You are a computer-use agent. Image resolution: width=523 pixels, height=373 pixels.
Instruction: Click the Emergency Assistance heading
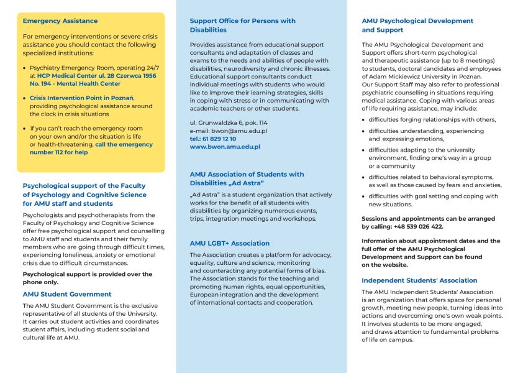(60, 21)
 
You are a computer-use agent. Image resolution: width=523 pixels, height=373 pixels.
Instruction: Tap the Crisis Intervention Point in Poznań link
(81, 98)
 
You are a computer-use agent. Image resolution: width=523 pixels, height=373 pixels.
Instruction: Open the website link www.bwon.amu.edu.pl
(224, 147)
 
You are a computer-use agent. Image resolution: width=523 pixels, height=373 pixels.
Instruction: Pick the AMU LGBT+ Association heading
(229, 243)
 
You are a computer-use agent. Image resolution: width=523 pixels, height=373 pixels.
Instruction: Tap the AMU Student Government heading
(67, 294)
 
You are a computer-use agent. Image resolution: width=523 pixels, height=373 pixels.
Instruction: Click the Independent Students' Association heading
(419, 280)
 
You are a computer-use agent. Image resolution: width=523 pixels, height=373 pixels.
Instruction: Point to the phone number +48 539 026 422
(417, 226)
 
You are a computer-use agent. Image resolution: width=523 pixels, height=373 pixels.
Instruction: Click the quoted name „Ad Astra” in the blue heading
(243, 183)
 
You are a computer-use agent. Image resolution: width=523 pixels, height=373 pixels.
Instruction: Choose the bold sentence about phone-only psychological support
(87, 278)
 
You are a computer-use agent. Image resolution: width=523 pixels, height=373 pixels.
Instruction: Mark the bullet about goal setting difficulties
(433, 200)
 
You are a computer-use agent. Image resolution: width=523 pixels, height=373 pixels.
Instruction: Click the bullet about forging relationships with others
(432, 119)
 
